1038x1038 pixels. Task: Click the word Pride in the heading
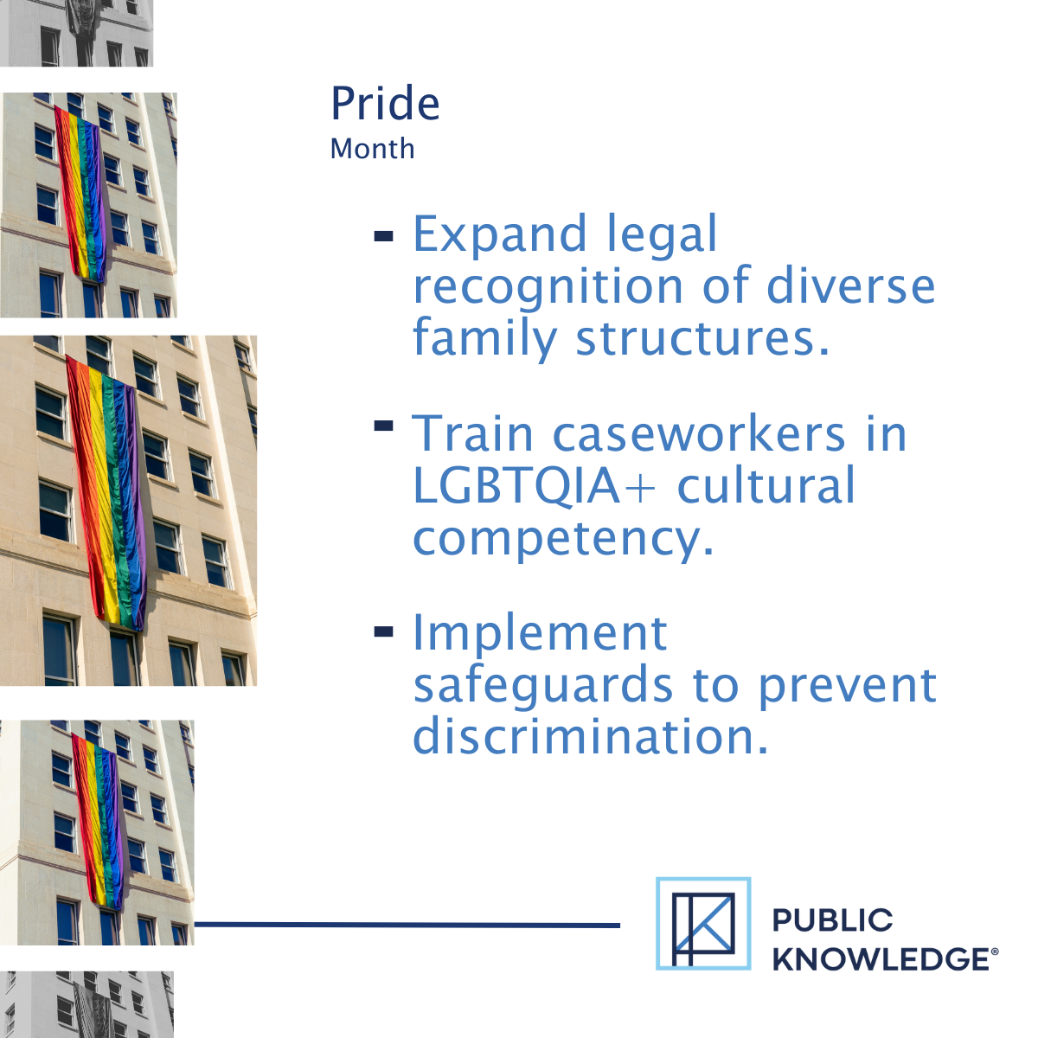pos(385,105)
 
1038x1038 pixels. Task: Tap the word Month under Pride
pos(372,149)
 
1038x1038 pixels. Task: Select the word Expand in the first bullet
pos(499,234)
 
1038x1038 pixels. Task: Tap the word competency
pos(563,538)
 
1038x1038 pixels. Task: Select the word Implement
pos(540,633)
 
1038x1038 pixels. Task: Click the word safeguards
pos(542,685)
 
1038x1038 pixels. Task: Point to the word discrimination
pos(590,737)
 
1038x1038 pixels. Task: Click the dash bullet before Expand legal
pos(383,235)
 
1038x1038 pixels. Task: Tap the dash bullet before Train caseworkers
pos(383,425)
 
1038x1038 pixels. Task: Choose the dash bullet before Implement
pos(383,632)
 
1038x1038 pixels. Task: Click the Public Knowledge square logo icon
pos(703,923)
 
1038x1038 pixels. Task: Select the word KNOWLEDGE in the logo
pos(881,959)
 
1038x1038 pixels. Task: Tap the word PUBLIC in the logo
pos(832,919)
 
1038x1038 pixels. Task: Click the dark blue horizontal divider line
pos(407,925)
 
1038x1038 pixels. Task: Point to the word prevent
pos(847,685)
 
